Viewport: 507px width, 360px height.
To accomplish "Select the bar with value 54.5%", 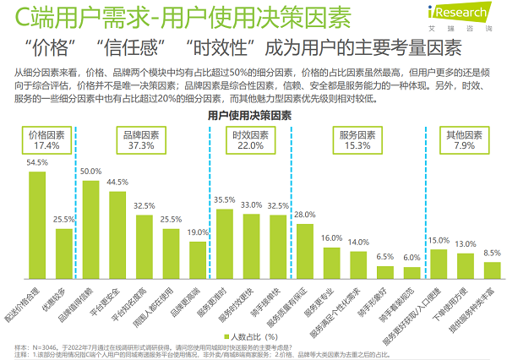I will point(37,219).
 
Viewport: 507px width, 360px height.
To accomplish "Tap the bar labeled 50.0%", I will point(91,225).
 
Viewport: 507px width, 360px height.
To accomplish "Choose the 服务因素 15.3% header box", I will point(356,140).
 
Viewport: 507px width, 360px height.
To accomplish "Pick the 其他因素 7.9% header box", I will point(463,140).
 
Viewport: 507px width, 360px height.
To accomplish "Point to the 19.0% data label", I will point(198,232).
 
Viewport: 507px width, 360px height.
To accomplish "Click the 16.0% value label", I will point(331,238).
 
